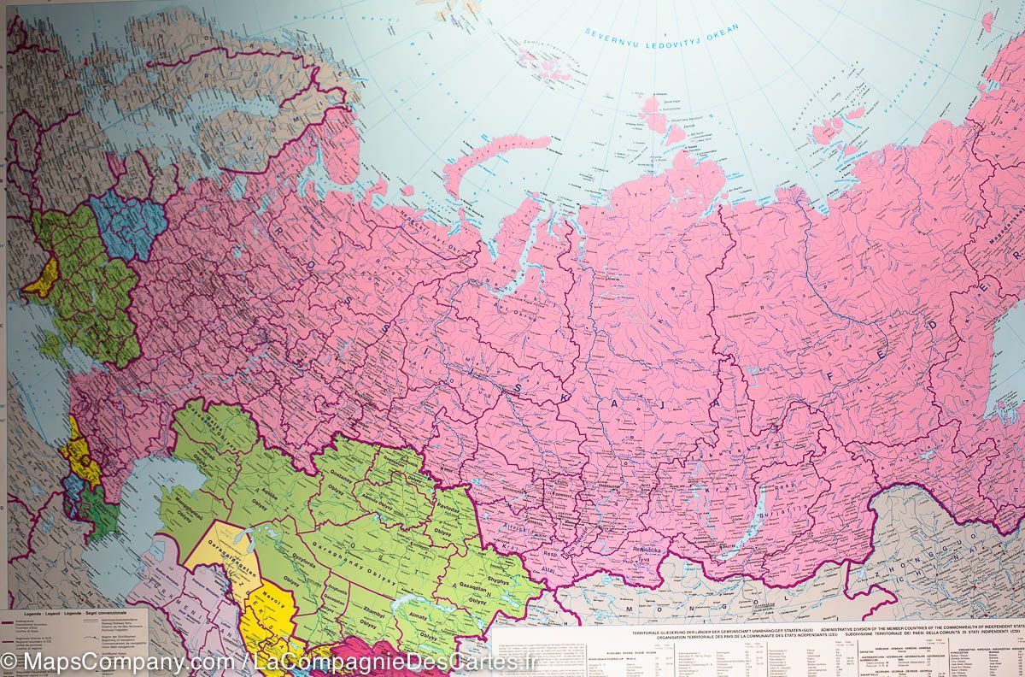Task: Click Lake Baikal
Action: [x=752, y=517]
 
